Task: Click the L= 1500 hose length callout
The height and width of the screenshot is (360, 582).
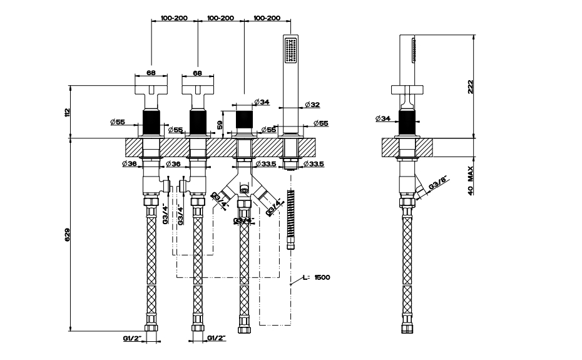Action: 316,277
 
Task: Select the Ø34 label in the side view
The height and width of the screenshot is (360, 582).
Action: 384,118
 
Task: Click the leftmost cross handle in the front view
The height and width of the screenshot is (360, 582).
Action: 151,91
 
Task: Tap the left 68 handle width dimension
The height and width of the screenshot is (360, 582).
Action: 151,73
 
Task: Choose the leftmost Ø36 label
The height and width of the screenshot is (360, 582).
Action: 130,164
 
